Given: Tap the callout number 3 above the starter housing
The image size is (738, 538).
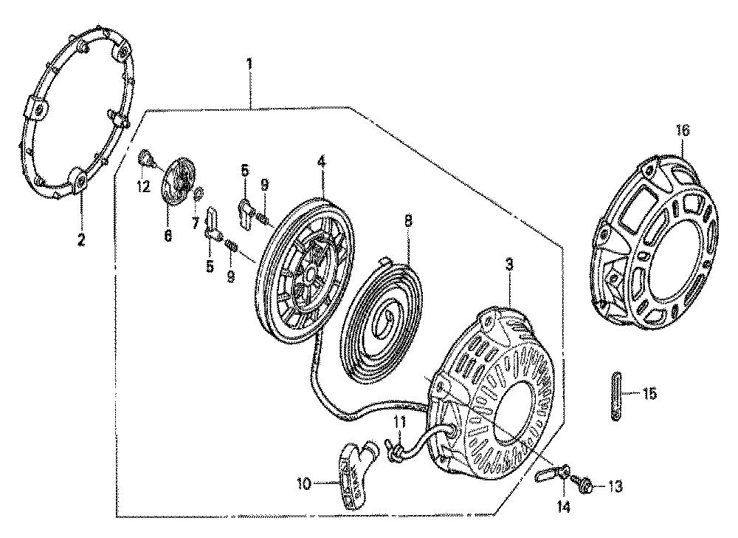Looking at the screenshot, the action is tap(508, 265).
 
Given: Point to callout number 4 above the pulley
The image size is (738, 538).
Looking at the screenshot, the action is tap(321, 163).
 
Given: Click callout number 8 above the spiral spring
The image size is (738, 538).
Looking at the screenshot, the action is tap(407, 220).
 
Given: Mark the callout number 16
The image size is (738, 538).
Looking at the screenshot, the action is tap(683, 131).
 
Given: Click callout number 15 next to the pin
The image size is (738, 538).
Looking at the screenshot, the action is tap(649, 394).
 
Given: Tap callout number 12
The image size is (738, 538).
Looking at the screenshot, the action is tap(143, 187).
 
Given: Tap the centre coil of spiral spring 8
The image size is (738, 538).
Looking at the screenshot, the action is tap(387, 320).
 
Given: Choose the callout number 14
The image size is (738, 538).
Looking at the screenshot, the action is tap(564, 507).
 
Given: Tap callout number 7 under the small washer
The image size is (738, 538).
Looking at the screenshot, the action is tap(196, 223).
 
